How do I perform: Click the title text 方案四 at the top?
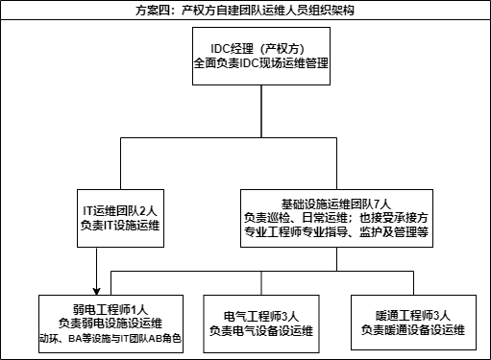pyautogui.click(x=154, y=10)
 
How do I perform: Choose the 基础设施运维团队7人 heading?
pyautogui.click(x=335, y=204)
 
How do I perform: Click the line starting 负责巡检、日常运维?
pyautogui.click(x=335, y=218)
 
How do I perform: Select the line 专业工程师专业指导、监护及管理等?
pyautogui.click(x=335, y=231)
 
